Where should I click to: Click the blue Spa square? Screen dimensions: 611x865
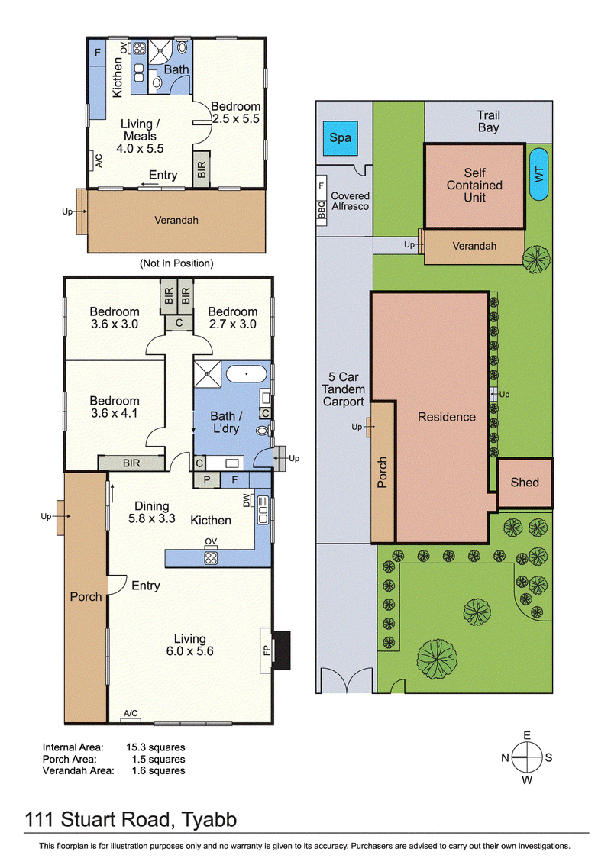click(x=340, y=138)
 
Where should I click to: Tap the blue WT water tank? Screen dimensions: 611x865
click(x=538, y=174)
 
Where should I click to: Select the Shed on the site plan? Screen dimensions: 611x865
click(x=525, y=483)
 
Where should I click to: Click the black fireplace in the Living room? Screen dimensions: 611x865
click(x=282, y=650)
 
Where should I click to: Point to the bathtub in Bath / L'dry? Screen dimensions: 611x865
click(x=246, y=374)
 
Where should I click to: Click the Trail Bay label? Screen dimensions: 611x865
click(x=489, y=121)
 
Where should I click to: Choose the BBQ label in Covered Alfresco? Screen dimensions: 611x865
click(x=322, y=209)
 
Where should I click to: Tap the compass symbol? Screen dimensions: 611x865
click(x=526, y=757)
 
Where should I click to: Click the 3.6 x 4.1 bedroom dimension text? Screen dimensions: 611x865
click(x=115, y=413)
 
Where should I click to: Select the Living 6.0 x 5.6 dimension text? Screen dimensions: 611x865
click(x=190, y=651)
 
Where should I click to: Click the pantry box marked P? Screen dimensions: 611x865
click(x=207, y=480)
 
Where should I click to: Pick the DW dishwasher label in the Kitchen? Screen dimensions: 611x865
click(x=246, y=499)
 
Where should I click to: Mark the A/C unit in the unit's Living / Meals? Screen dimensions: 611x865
click(x=95, y=160)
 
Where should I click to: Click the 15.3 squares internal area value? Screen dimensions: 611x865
click(x=156, y=747)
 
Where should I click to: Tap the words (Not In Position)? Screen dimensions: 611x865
click(x=176, y=263)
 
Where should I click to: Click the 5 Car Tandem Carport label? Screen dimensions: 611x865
click(x=344, y=389)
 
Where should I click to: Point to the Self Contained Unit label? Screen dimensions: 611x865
click(x=474, y=185)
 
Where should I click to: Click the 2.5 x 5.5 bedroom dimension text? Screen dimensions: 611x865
click(x=236, y=118)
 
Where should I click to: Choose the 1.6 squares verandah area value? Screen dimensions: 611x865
click(x=158, y=770)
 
